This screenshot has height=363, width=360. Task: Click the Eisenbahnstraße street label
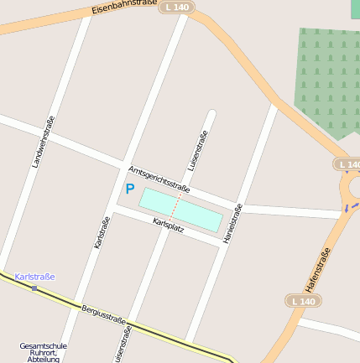point(124,9)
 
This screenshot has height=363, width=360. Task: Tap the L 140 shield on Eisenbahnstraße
point(177,7)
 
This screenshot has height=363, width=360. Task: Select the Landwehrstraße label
point(43,142)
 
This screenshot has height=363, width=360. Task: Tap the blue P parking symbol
point(129,189)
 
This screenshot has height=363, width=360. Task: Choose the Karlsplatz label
point(169,225)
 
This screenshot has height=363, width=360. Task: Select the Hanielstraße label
point(232,223)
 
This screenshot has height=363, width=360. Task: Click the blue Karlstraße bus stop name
point(34,277)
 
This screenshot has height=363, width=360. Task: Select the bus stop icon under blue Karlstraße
point(34,288)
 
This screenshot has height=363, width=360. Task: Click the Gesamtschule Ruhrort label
point(44,352)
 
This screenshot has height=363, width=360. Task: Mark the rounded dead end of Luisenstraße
point(211,115)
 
